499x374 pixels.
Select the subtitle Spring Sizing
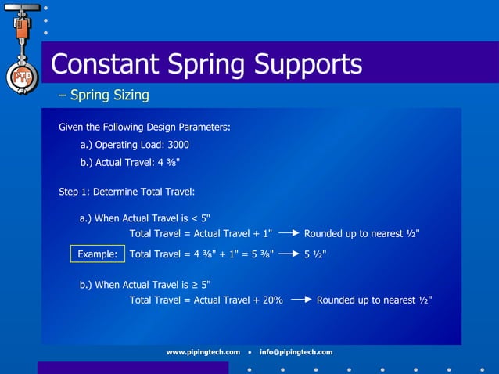109,95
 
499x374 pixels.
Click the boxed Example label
97,254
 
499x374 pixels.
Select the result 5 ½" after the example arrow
315,254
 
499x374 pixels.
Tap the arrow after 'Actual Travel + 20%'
301,300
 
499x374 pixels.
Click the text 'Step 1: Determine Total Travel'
126,192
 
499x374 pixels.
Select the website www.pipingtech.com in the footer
203,352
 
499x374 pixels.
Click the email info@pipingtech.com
296,352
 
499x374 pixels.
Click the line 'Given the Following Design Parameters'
144,127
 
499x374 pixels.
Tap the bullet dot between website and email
249,352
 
